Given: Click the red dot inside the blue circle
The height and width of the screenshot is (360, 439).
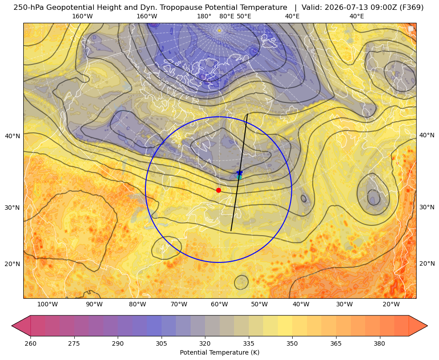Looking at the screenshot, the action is point(219,190).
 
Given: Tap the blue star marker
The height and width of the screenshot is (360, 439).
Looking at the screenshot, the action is point(239,173).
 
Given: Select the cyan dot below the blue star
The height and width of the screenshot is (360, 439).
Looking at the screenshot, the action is point(239,178).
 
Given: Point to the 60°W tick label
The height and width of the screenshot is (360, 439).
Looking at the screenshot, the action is point(219,304).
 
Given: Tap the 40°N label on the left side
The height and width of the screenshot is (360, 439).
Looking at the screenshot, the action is point(13,136).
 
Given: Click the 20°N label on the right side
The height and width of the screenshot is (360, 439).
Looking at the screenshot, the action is point(427,263).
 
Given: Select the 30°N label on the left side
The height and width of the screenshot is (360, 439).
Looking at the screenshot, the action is point(13,208).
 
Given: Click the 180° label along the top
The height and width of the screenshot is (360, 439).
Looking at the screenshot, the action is point(204,16).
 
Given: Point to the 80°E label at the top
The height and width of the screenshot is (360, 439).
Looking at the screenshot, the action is point(227,16).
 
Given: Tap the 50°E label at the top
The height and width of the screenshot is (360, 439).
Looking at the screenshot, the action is point(244,16).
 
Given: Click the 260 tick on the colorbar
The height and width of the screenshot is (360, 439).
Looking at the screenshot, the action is point(30,343).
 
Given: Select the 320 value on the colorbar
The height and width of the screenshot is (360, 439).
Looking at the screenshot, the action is point(205,343).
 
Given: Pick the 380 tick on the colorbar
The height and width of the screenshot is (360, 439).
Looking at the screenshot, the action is point(379,343).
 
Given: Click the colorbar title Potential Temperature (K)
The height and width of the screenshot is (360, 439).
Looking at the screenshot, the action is point(219,352).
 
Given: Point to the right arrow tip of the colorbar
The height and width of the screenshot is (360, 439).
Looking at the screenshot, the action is point(427,326).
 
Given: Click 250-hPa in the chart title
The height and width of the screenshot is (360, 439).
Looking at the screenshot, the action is point(29,8).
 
